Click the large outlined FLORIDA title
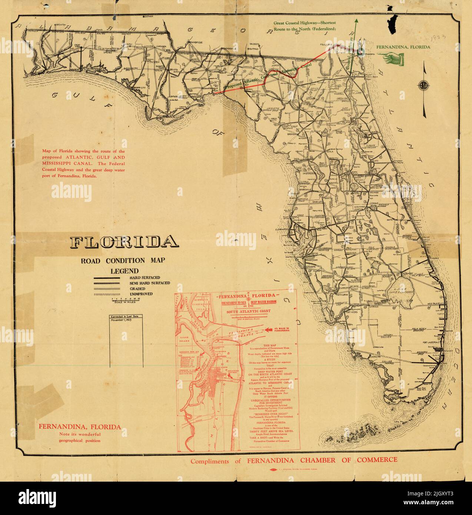tap(124, 242)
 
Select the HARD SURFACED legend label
tap(144, 278)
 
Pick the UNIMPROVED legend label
tap(141, 294)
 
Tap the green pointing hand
tap(390, 57)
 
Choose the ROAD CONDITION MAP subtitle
tap(123, 260)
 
